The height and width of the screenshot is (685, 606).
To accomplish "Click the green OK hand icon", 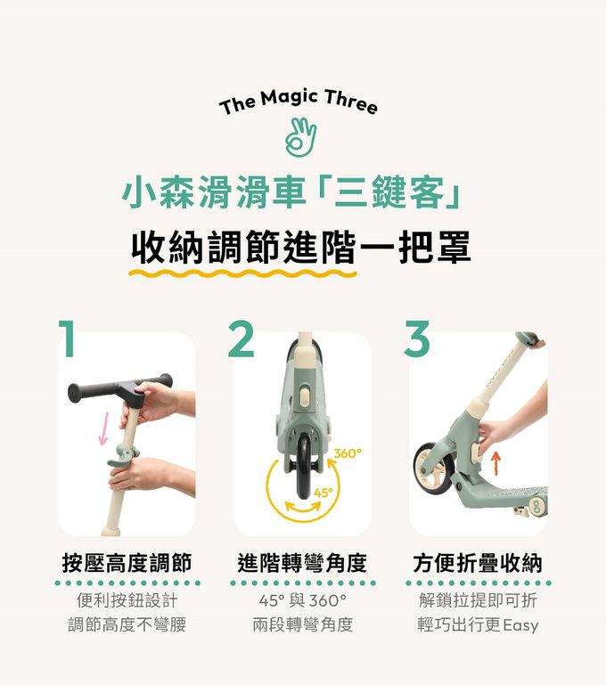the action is (x=300, y=137).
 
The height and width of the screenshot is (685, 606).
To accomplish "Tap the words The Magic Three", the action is (x=299, y=102).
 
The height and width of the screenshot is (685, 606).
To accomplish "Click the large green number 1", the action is (x=67, y=338).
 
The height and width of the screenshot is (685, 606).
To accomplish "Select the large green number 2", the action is (x=241, y=338).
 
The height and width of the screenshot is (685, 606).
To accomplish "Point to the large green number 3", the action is (x=417, y=338).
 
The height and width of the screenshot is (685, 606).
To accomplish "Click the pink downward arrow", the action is (x=104, y=428).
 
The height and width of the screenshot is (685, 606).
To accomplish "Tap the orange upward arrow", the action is (x=495, y=463).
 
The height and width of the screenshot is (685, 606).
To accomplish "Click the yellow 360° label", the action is (x=348, y=454).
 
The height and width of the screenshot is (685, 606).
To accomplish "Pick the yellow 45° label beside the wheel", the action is (x=323, y=493).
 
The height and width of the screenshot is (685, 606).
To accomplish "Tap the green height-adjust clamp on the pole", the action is (x=123, y=455).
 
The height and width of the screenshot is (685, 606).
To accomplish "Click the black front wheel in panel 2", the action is (x=304, y=468).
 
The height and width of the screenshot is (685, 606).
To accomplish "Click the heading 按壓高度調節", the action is (x=127, y=563).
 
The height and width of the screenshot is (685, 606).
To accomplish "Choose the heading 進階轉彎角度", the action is (x=302, y=563).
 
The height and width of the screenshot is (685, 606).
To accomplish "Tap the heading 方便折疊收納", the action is (x=478, y=563).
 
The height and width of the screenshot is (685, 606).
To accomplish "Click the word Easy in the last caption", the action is (x=520, y=625).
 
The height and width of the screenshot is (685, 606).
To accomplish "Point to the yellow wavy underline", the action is (x=243, y=274).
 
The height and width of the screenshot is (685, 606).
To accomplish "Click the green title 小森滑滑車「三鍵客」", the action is (x=291, y=193).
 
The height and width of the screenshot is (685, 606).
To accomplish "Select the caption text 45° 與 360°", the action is (x=302, y=600).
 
